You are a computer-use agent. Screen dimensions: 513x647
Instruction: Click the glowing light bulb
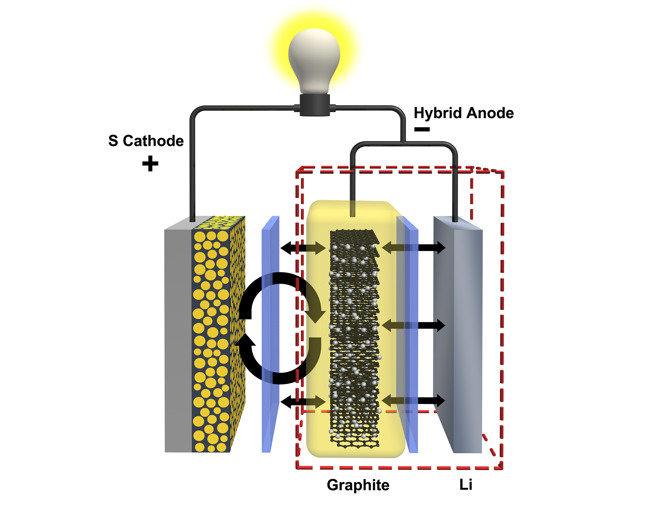(314, 59)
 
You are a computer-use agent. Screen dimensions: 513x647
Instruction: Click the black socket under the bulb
(315, 105)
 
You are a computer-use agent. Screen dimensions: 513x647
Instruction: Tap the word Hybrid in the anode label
(437, 113)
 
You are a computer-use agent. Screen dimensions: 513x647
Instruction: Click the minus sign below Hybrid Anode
(422, 129)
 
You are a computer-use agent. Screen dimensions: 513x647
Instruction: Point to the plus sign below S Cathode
(150, 163)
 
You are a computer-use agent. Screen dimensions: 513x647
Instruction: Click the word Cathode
(153, 141)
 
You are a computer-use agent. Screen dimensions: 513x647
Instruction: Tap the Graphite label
(358, 485)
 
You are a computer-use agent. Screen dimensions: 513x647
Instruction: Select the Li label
(465, 484)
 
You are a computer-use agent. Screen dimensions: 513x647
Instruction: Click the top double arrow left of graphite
(303, 248)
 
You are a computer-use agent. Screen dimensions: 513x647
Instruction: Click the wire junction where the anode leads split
(403, 143)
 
